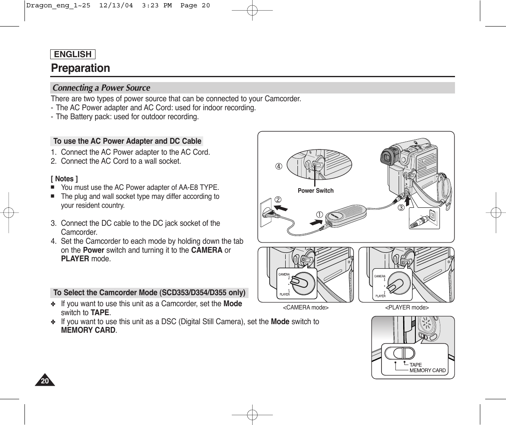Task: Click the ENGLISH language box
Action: pos(73,54)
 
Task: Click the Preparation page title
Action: pos(80,68)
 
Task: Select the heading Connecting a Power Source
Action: pos(101,88)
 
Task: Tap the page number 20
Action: pos(44,381)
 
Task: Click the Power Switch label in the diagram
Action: pos(315,191)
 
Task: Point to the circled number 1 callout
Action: pos(317,214)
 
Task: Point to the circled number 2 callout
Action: pos(278,200)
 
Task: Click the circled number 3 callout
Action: pos(401,208)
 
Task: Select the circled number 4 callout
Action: pos(278,167)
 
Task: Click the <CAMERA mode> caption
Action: pos(306,307)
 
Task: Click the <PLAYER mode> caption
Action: pos(407,307)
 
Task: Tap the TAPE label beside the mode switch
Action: pos(415,365)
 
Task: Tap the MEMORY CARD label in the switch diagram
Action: pos(427,370)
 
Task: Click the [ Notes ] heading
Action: pos(64,179)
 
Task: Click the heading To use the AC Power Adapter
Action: pos(127,141)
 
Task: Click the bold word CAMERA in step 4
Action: pos(206,250)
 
